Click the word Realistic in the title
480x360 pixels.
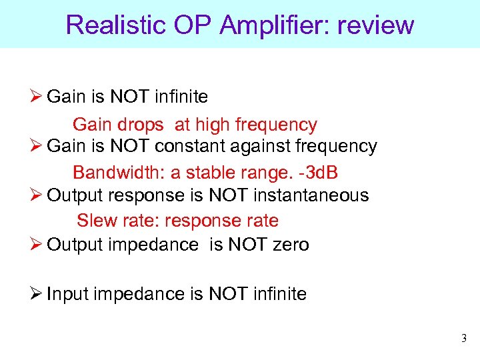(114, 25)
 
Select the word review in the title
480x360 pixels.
(376, 25)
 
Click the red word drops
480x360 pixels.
(142, 125)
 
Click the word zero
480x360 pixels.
(291, 245)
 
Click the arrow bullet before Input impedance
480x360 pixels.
(37, 294)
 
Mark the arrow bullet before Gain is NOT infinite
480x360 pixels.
(37, 97)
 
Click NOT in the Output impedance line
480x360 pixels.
(248, 245)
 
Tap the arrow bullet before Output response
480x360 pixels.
(37, 195)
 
